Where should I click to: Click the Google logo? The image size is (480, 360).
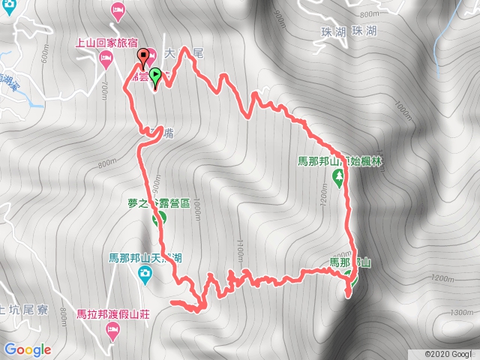click(x=28, y=349)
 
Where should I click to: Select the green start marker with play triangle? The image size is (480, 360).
click(x=155, y=75)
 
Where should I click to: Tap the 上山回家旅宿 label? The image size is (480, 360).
click(x=106, y=43)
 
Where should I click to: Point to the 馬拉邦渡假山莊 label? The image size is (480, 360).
click(x=113, y=313)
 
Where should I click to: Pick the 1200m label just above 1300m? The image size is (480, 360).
click(x=443, y=278)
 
